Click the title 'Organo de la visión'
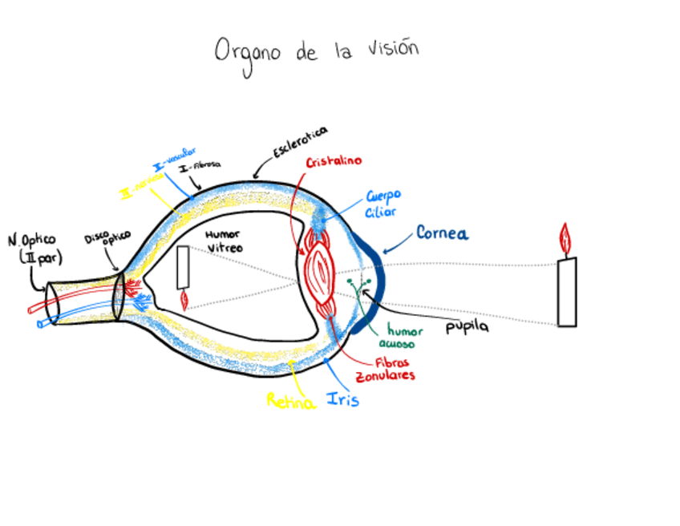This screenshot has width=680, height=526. tap(317, 51)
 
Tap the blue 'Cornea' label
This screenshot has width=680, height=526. tap(442, 233)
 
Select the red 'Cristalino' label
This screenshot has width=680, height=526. tap(334, 161)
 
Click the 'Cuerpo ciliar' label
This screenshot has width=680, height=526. tap(382, 203)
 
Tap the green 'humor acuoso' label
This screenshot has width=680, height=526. tap(401, 337)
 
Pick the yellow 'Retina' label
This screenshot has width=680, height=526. tap(290, 401)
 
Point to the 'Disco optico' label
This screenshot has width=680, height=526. tap(107, 242)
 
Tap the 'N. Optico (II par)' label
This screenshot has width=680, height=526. tap(34, 249)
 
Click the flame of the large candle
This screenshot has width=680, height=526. tap(565, 239)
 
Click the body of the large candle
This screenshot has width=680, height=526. tap(567, 292)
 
